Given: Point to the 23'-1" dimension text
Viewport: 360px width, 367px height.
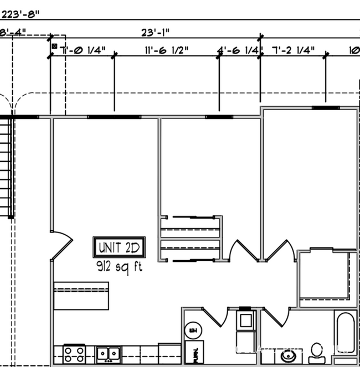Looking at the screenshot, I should coord(157,33).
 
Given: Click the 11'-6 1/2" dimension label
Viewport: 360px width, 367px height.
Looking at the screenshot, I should coord(166,50).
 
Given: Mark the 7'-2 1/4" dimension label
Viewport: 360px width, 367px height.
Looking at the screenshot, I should coord(293,50).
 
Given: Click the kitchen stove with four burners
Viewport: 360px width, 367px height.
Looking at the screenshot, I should coord(74,353).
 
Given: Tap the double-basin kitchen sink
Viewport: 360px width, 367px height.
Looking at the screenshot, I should coord(109,353).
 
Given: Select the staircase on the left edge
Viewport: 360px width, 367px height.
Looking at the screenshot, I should coord(5,166).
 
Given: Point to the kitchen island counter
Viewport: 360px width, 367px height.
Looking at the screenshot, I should coord(81,297).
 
